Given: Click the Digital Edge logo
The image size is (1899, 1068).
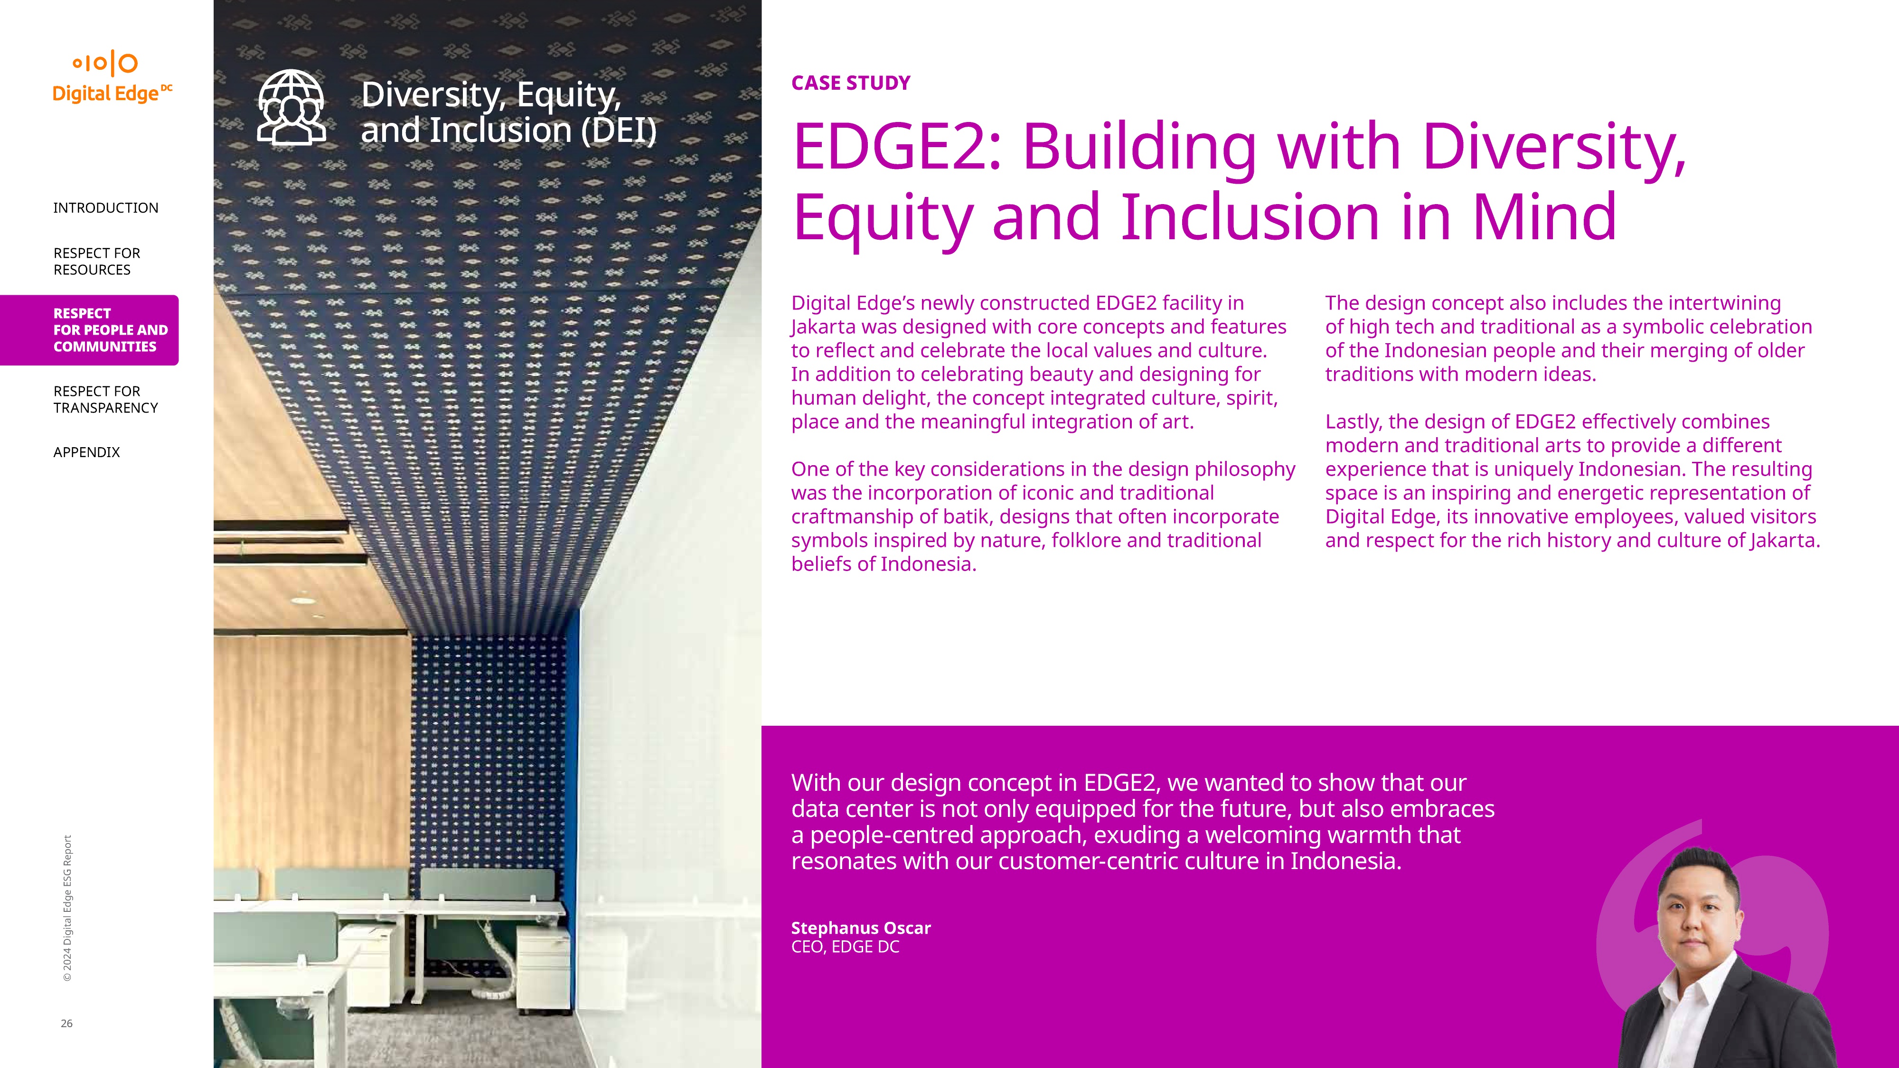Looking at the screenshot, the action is pos(112,77).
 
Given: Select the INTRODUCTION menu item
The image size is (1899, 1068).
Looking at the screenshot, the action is pos(105,208).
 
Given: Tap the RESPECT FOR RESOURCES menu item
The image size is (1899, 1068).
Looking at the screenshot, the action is pos(96,261).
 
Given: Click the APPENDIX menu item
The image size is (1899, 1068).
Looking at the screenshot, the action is pos(86,452).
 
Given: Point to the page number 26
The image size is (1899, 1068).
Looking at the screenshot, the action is pos(66,1023).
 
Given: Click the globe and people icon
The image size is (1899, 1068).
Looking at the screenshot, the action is pos(291,108).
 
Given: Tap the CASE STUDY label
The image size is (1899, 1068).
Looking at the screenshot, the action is pos(851,83).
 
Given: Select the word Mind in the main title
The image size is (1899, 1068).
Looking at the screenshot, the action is pos(1544,217).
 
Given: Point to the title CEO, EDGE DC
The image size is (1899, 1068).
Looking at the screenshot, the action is pos(846,947).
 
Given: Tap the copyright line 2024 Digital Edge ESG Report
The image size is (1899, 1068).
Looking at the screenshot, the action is pos(67,908).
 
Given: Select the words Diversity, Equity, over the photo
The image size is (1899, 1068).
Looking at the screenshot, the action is pos(491,94).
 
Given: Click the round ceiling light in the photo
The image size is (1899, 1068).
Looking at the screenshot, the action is pos(302,601).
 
